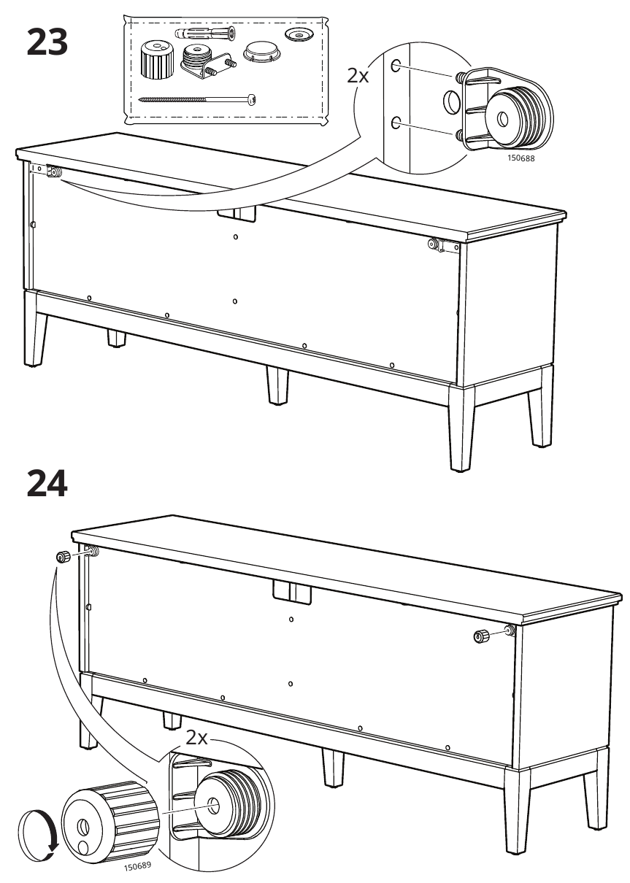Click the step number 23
[47, 42]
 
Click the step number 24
[47, 483]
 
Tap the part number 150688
[520, 158]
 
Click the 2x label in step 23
[358, 76]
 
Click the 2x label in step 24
[196, 738]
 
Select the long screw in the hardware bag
[197, 99]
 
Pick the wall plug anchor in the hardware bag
[205, 33]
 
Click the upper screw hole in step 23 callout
[396, 65]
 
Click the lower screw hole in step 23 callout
[396, 123]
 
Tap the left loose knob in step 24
[62, 558]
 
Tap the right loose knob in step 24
[481, 636]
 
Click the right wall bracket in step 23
[443, 245]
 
